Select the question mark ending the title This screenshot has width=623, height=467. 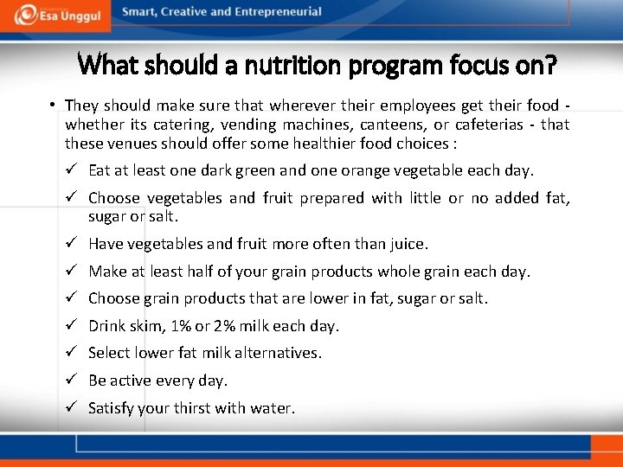tap(549, 64)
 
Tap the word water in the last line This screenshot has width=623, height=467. tap(273, 408)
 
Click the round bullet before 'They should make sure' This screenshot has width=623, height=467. tap(53, 106)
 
